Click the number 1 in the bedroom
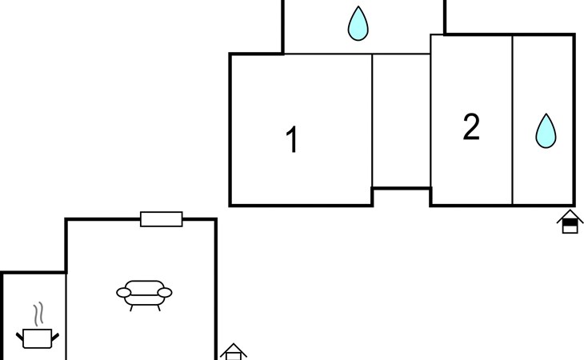292,139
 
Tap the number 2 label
471,126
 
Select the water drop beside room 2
546,131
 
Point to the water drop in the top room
358,23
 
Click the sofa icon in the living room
144,295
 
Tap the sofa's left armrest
124,293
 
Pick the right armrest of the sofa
165,293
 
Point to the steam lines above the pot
38,314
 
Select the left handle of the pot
19,337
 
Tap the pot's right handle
55,337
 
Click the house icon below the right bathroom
570,222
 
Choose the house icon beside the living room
233,352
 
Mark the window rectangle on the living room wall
162,219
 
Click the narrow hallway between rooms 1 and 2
402,121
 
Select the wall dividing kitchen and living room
66,317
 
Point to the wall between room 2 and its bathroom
513,120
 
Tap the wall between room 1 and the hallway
372,121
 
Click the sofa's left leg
131,308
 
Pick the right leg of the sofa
159,308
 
